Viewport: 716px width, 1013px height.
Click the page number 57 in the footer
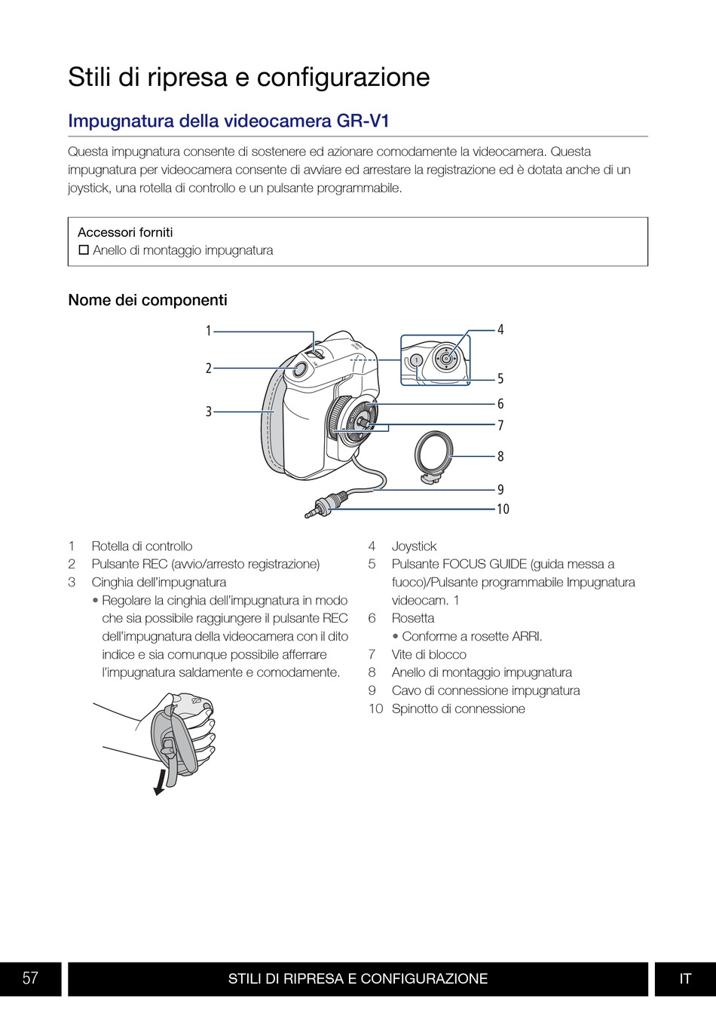click(30, 978)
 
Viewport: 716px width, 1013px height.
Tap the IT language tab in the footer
click(685, 978)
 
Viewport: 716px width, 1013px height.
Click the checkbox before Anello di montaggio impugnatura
click(84, 249)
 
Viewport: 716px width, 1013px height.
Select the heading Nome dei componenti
click(148, 300)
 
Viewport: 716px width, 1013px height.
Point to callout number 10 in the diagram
click(503, 510)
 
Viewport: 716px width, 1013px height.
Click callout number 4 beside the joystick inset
click(500, 329)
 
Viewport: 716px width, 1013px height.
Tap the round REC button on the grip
click(299, 370)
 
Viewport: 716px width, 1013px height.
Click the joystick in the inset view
click(446, 359)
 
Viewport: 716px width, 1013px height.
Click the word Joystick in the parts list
click(414, 546)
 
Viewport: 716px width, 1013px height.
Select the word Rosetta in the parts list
click(412, 618)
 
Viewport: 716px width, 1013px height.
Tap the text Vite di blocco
click(429, 654)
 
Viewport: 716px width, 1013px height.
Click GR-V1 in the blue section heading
click(363, 121)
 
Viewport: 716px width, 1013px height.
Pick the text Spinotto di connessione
click(458, 708)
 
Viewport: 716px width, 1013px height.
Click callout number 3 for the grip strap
click(209, 412)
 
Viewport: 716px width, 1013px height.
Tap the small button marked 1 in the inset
click(416, 360)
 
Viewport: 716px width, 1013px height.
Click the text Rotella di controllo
click(142, 546)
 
